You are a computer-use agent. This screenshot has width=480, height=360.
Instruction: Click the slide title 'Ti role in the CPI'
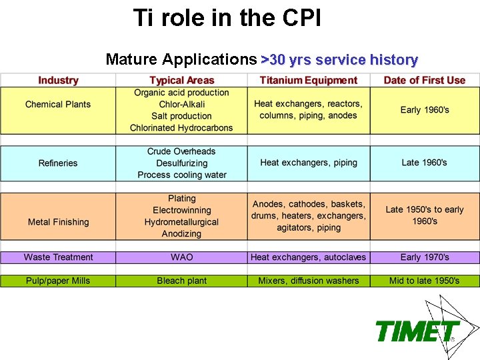click(x=227, y=18)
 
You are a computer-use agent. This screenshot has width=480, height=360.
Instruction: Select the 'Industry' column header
click(x=58, y=81)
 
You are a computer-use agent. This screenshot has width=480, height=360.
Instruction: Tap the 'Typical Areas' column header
click(x=182, y=81)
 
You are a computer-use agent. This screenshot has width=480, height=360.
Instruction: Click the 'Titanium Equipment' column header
click(x=309, y=81)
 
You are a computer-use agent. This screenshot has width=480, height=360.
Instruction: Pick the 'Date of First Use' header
click(x=425, y=81)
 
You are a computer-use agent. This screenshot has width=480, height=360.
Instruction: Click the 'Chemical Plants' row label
click(x=58, y=105)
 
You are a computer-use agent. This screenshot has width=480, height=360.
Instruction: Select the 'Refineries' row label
click(x=58, y=163)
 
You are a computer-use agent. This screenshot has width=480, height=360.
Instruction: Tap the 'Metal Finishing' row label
click(x=58, y=222)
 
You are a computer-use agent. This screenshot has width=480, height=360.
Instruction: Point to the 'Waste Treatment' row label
click(x=58, y=257)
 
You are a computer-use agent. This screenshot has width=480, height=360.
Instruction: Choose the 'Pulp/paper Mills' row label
click(x=58, y=281)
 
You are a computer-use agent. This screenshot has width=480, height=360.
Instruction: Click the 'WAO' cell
click(x=182, y=257)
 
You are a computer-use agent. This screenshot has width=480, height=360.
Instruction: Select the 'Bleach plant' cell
click(x=182, y=281)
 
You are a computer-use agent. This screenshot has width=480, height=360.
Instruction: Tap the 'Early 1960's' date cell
click(x=425, y=110)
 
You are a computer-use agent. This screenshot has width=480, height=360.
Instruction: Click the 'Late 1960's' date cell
click(x=425, y=163)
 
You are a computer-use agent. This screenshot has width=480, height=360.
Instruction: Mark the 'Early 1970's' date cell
click(x=425, y=257)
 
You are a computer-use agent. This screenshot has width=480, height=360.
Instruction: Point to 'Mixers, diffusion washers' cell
click(x=309, y=281)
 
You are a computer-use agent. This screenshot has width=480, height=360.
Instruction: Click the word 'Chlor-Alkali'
click(x=182, y=105)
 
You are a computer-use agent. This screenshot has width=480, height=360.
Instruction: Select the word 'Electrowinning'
click(x=182, y=211)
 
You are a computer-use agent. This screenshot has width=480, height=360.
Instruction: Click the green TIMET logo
click(x=417, y=331)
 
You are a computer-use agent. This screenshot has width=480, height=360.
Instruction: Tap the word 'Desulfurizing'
click(x=182, y=163)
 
